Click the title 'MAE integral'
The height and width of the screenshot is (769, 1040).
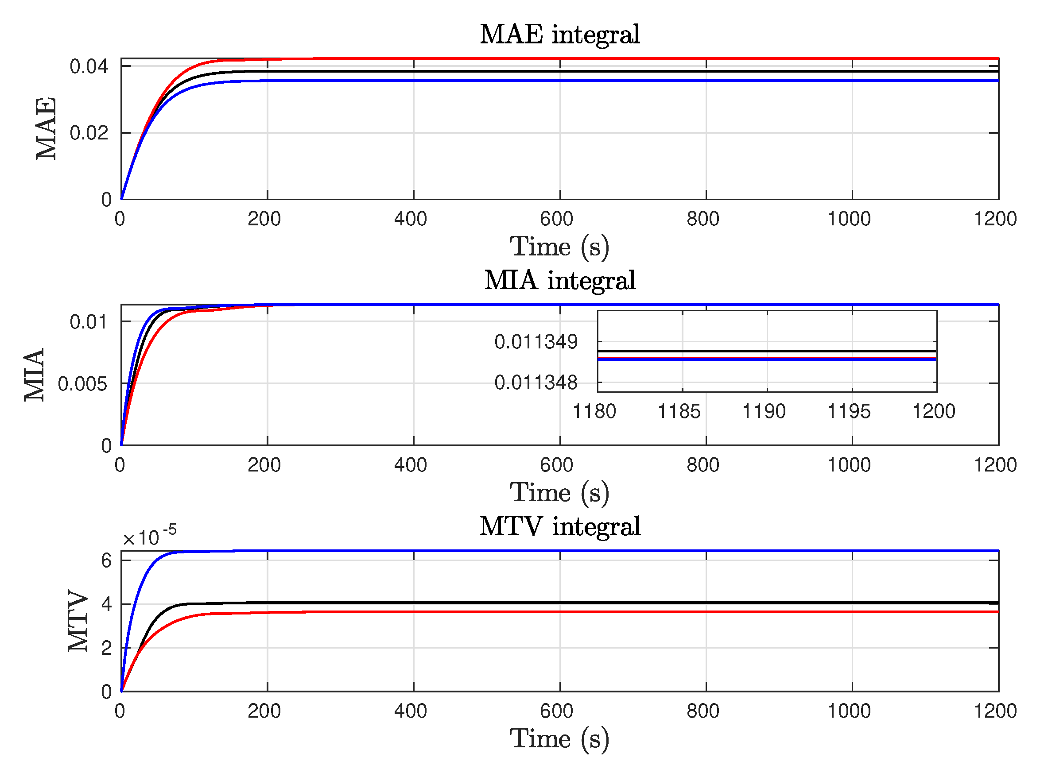(x=559, y=35)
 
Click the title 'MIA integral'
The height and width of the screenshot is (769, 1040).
(x=559, y=280)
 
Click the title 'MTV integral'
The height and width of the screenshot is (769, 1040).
(x=559, y=526)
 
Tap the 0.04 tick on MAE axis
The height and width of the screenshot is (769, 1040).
(x=89, y=66)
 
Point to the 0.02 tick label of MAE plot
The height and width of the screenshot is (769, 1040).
(x=89, y=133)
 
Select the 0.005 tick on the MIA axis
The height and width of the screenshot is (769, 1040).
(x=82, y=384)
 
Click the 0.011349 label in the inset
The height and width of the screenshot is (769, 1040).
(x=536, y=342)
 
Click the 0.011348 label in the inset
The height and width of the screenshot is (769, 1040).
(x=536, y=383)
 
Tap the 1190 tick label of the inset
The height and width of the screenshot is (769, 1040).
(x=763, y=411)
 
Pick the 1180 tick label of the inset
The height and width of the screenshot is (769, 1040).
(x=594, y=411)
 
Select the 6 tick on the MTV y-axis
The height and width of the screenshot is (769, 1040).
(x=106, y=560)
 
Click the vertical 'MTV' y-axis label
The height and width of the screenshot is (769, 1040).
(x=78, y=621)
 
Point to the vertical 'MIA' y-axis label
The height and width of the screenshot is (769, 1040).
(x=35, y=375)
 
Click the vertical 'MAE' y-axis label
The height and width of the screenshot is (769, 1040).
(x=46, y=128)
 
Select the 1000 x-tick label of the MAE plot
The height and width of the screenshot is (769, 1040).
(x=849, y=219)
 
